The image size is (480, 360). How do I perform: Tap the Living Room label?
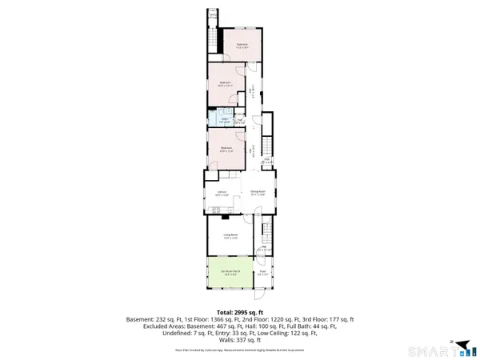coord(230,234)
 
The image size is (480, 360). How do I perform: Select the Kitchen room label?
coord(222,192)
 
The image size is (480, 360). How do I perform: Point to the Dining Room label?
coord(257,192)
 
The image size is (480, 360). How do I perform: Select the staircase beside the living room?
coord(267,235)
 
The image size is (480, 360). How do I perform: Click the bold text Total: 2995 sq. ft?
coord(239,313)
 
